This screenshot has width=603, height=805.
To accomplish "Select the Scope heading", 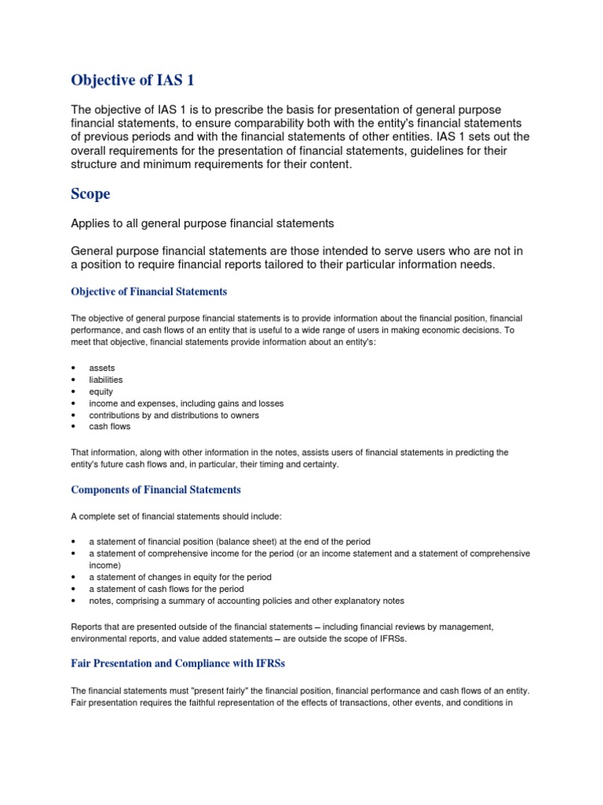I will point(90,193).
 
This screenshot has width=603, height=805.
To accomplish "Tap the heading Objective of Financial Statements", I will point(149,292).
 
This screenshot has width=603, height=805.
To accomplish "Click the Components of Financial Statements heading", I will point(155,490).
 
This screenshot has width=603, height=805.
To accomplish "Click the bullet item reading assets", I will point(101,368).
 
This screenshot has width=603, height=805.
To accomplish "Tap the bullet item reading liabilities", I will point(106,380).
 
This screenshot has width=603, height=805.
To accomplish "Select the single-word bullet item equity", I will point(101,391).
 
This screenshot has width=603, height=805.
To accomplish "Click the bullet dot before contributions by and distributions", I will point(73,415).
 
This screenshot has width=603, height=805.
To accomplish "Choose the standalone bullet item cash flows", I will point(110,427).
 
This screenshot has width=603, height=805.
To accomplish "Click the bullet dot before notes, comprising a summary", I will point(73,601).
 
